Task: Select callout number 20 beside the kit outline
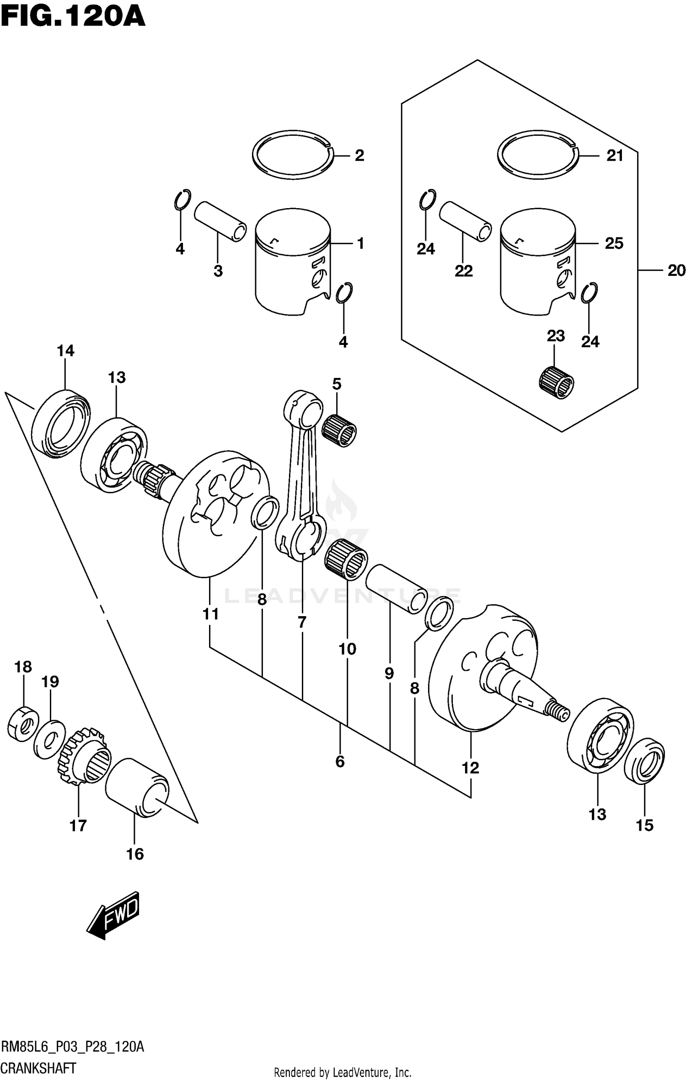[x=676, y=270]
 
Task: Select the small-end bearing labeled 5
[x=339, y=430]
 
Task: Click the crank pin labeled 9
[x=396, y=589]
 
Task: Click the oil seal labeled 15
[x=644, y=760]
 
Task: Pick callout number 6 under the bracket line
[x=340, y=761]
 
